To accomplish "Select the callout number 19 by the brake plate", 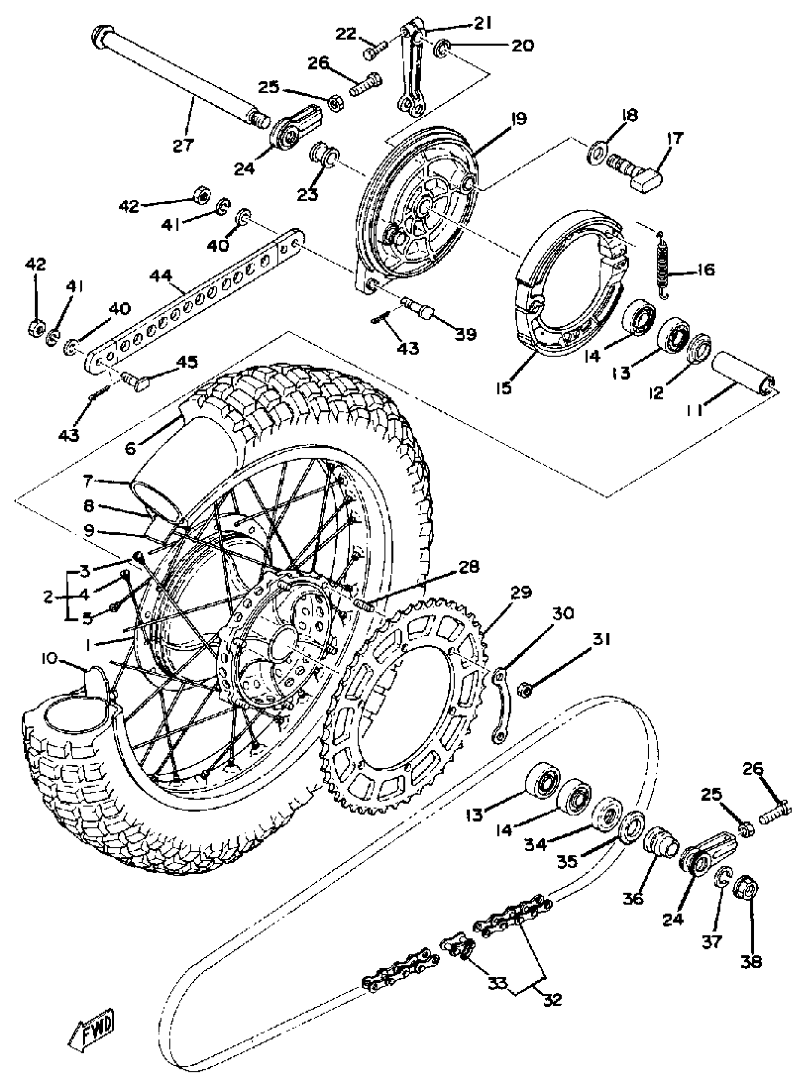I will point(517,119).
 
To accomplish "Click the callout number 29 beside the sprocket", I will point(521,593).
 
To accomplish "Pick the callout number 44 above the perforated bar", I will point(162,276).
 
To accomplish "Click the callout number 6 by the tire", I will point(130,448).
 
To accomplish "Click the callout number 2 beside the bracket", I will point(48,597).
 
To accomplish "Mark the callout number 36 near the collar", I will point(635,900).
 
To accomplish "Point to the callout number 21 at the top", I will point(483,23).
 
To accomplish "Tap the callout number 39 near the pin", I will point(466,334).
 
